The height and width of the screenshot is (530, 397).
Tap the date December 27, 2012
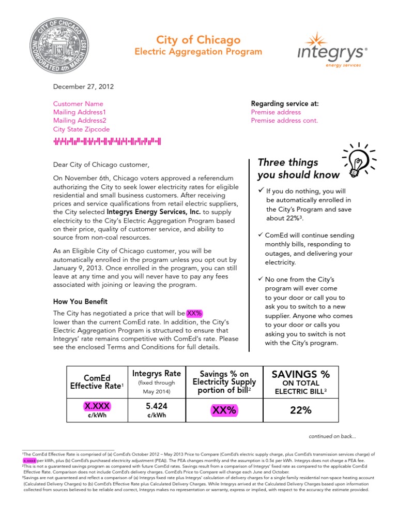point(83,87)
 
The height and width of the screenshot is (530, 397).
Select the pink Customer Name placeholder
point(78,104)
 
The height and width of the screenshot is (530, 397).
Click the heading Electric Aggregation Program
point(198,52)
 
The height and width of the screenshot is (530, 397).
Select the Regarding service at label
point(284,104)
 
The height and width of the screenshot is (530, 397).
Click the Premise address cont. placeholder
point(284,121)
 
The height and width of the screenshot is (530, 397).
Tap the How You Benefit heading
point(81,302)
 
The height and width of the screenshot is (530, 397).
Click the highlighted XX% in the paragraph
point(194,313)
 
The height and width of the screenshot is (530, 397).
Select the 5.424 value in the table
point(157,406)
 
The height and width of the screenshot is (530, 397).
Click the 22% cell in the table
point(301,410)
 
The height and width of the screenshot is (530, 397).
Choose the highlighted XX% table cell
point(223,410)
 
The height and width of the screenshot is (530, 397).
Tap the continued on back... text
point(332,436)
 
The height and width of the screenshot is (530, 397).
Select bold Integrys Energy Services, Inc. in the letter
point(154,212)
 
